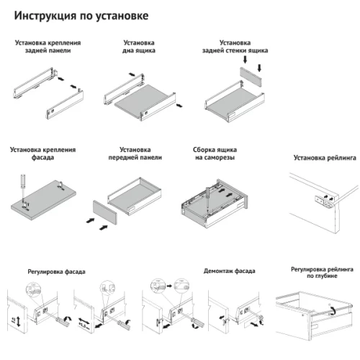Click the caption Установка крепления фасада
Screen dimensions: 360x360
[42, 153]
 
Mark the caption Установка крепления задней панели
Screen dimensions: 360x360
[48, 48]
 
